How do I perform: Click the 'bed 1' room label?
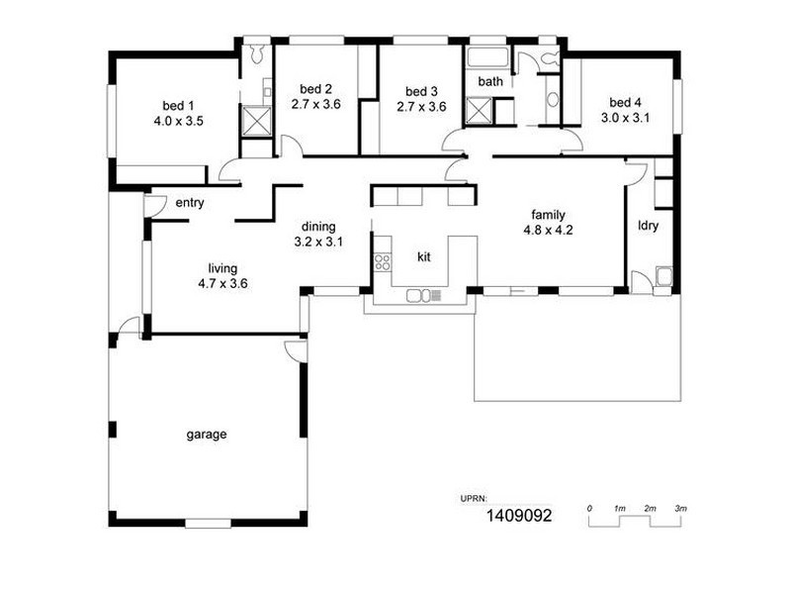tap(179, 104)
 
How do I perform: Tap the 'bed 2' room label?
tap(315, 88)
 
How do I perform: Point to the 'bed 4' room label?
tap(625, 102)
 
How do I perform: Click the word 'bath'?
tap(490, 81)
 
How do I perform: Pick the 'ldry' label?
tap(649, 225)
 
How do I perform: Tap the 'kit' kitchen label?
tap(424, 257)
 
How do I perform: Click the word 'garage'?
tap(207, 434)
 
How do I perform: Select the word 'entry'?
tap(189, 203)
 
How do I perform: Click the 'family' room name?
tap(549, 214)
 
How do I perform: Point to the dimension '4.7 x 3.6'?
tap(222, 282)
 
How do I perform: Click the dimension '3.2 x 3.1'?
tap(318, 241)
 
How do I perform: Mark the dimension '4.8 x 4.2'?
tap(549, 230)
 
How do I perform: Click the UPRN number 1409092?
tap(519, 516)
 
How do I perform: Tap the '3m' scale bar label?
tap(680, 508)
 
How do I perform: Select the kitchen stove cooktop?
tap(381, 262)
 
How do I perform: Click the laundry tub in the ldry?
tap(663, 276)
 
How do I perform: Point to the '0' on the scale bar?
tap(589, 508)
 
